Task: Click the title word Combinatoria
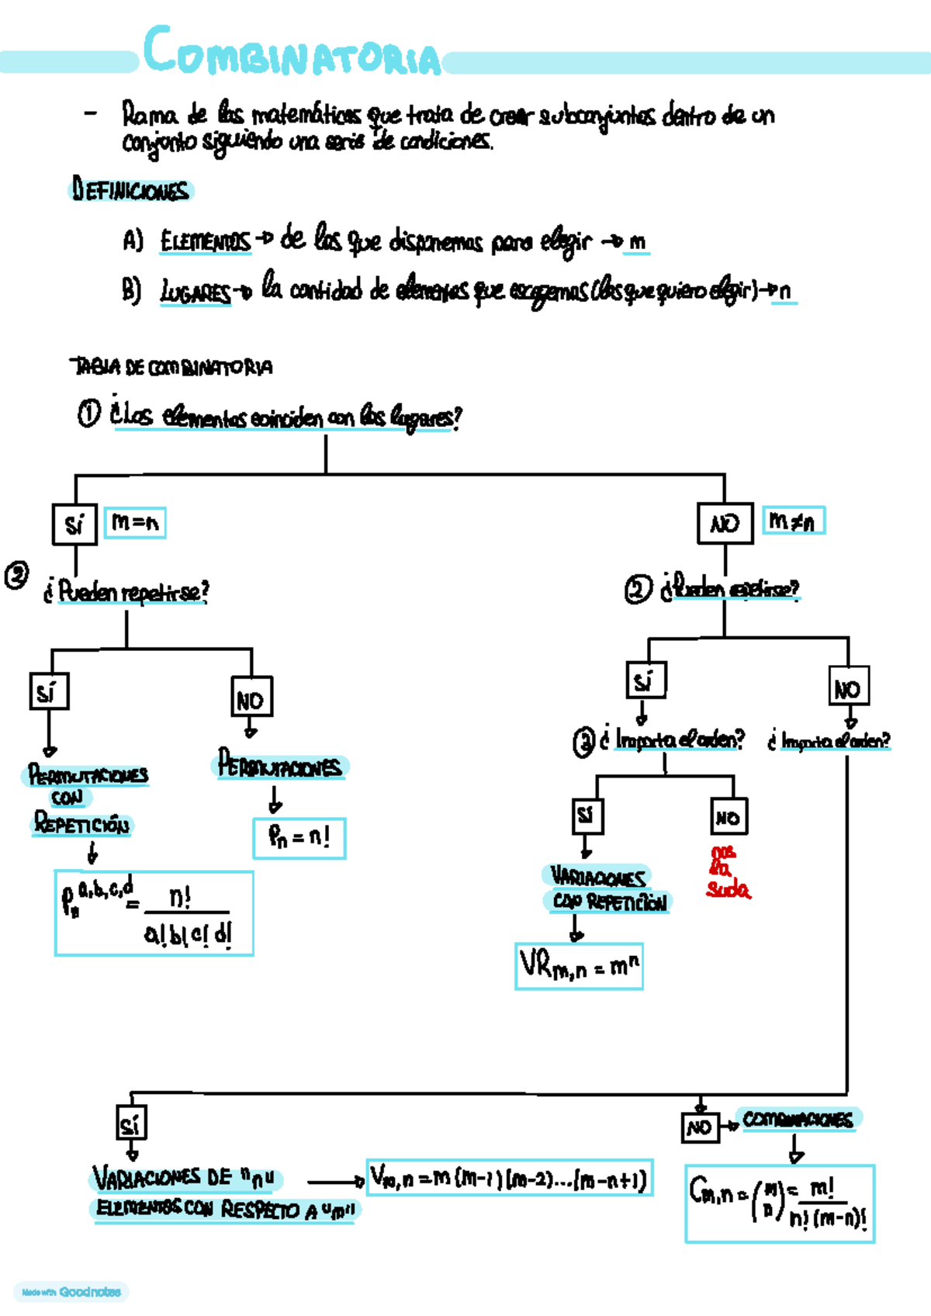click(x=292, y=53)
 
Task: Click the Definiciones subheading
click(x=130, y=190)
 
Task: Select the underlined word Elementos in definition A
click(x=206, y=242)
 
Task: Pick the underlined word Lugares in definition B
click(x=196, y=293)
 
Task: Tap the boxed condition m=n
click(x=135, y=522)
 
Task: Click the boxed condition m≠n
click(x=793, y=521)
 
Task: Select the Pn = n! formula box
click(x=299, y=838)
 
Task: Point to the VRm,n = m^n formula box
click(x=579, y=966)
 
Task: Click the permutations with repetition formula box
click(x=154, y=913)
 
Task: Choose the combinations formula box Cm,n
click(x=780, y=1203)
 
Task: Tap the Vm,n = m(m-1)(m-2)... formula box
click(x=509, y=1179)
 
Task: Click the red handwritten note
click(x=727, y=872)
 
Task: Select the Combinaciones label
click(x=798, y=1119)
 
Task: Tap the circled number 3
click(x=583, y=742)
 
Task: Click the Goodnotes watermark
click(x=71, y=1292)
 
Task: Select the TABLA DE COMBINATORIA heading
click(x=171, y=366)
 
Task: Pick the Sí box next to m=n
click(x=74, y=525)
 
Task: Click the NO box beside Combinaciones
click(x=699, y=1127)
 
